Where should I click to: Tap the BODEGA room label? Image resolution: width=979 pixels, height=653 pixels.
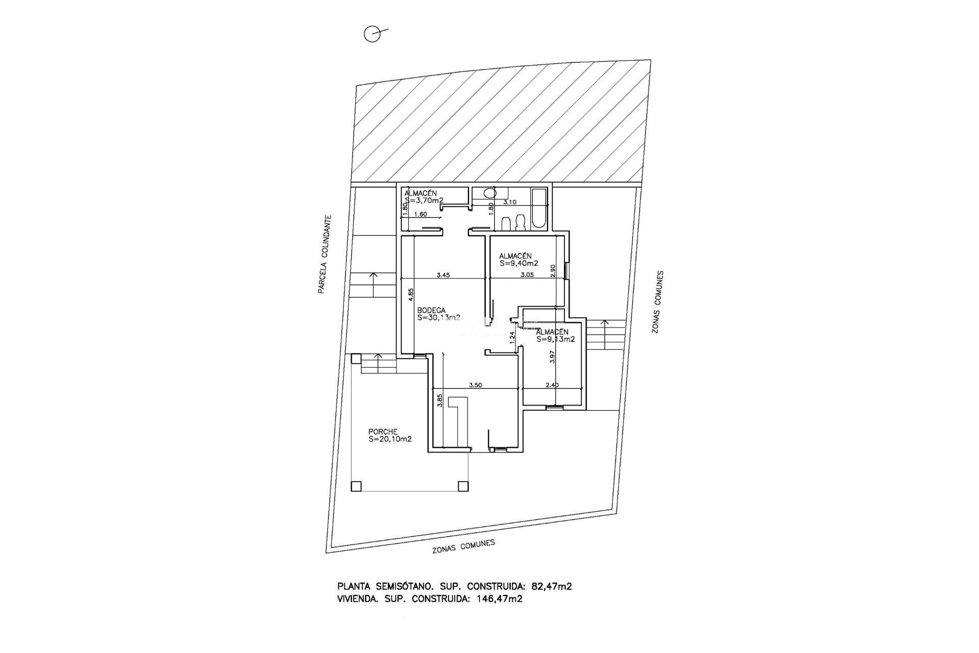tap(431, 310)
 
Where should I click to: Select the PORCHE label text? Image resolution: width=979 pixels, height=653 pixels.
tap(383, 432)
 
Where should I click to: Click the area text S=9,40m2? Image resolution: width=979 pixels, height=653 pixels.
tap(519, 264)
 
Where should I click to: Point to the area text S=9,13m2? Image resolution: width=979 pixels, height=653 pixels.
tap(555, 339)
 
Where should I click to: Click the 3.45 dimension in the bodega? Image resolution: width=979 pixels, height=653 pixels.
tap(443, 275)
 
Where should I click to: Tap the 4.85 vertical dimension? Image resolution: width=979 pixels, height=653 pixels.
tap(411, 296)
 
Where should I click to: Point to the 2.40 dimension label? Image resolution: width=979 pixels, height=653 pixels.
tap(552, 385)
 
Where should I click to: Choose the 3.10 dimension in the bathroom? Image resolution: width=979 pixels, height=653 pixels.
tap(510, 202)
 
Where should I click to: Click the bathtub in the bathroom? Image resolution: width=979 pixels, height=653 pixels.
tap(539, 209)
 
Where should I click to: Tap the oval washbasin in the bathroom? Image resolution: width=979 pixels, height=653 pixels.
tap(490, 193)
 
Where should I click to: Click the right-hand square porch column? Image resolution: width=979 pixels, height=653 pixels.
tap(463, 486)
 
